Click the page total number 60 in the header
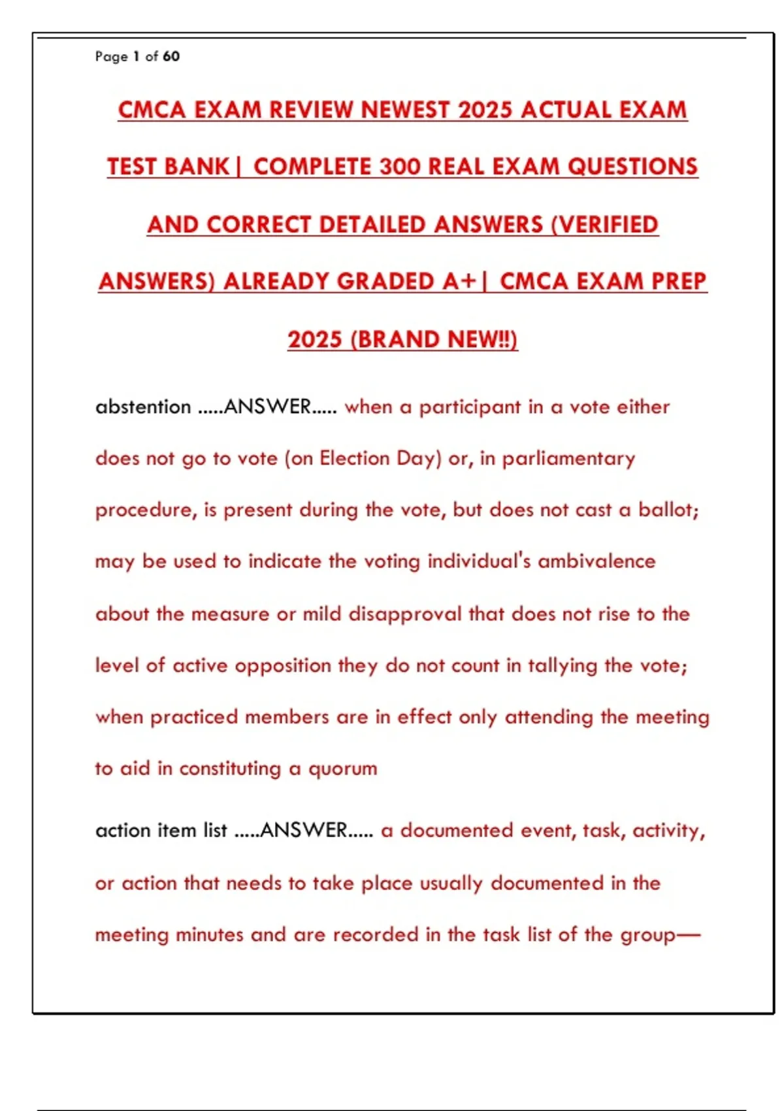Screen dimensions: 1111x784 click(171, 56)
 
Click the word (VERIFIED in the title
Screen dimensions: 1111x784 click(604, 225)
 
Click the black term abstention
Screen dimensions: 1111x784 click(143, 407)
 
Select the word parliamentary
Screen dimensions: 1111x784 click(568, 459)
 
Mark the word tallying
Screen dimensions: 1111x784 click(563, 665)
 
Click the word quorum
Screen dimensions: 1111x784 click(342, 769)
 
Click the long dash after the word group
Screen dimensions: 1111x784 click(688, 935)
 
